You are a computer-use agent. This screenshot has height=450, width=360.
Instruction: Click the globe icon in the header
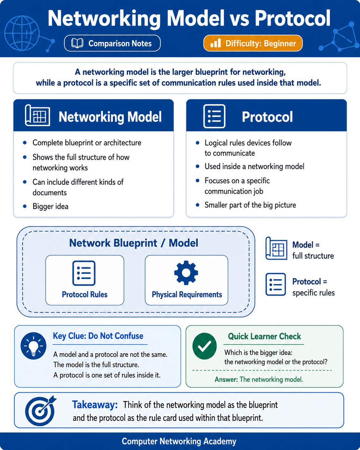[22, 33]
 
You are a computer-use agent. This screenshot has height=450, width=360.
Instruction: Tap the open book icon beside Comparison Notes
[77, 43]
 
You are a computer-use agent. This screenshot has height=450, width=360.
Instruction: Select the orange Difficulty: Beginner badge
[253, 43]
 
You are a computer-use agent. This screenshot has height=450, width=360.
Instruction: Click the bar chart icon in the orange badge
[216, 43]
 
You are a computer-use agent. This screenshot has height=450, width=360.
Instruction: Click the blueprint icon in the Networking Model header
[38, 115]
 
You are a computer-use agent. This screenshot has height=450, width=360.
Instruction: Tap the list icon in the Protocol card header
[214, 116]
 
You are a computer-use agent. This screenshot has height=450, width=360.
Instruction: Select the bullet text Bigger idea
[50, 206]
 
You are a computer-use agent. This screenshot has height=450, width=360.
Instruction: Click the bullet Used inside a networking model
[254, 167]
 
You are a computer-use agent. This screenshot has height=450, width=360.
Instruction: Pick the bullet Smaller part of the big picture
[250, 205]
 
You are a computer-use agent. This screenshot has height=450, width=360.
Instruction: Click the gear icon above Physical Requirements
[186, 273]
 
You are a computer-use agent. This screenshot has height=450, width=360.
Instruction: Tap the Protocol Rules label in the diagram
[85, 294]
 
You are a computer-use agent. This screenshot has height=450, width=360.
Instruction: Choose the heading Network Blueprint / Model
[133, 243]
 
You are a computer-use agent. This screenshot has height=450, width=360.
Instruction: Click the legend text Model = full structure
[313, 250]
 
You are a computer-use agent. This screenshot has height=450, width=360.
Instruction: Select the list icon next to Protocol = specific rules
[276, 284]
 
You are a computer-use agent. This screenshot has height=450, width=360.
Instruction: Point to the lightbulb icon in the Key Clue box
[33, 346]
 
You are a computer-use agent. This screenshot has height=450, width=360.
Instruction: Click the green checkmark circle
[204, 346]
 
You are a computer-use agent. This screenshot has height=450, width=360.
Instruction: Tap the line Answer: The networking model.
[259, 379]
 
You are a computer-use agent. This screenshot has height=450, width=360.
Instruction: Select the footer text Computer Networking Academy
[179, 441]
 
